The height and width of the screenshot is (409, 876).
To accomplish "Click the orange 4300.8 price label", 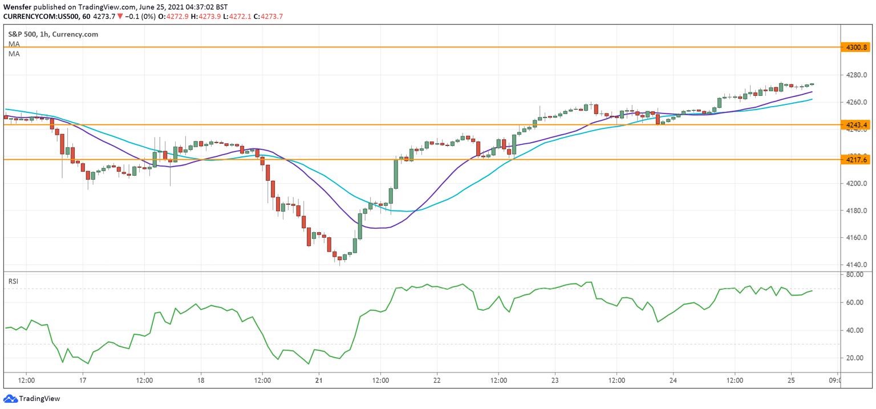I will (857, 47).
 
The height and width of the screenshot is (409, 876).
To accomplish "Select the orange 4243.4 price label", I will (857, 125).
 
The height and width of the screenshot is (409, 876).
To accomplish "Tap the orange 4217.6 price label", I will (857, 160).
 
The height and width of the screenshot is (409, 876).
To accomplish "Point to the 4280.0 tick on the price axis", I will (857, 75).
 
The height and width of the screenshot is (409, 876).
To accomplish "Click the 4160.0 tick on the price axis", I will (857, 238).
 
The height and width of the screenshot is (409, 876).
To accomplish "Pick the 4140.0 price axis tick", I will (857, 265).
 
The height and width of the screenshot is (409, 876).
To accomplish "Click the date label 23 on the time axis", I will (555, 380).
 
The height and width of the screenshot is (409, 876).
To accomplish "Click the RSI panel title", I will (13, 281).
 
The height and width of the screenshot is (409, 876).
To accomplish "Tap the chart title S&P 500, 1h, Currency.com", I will (52, 34).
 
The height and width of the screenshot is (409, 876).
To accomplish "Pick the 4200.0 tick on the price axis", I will (857, 184).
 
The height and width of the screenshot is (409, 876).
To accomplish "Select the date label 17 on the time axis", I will (83, 380).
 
